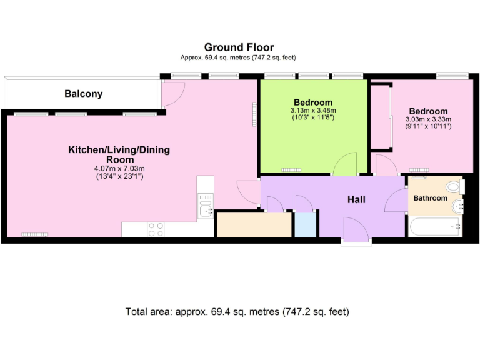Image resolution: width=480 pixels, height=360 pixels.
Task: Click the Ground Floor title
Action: pyautogui.click(x=239, y=47)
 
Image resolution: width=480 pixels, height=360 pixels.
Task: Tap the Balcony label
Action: pyautogui.click(x=83, y=94)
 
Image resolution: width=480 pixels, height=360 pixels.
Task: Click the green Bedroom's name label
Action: pyautogui.click(x=313, y=102)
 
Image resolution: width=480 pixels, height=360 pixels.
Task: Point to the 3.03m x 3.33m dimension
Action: pyautogui.click(x=428, y=119)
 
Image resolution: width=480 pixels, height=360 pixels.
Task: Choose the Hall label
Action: pyautogui.click(x=356, y=199)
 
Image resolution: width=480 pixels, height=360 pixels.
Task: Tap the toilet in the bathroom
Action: pyautogui.click(x=456, y=187)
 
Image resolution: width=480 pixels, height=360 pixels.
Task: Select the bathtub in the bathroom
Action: pyautogui.click(x=434, y=227)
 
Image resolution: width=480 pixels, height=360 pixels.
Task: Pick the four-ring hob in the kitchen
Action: pyautogui.click(x=156, y=230)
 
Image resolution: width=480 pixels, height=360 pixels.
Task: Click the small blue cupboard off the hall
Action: pyautogui.click(x=305, y=225)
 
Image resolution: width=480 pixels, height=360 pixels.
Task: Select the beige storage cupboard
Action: pyautogui.click(x=254, y=225)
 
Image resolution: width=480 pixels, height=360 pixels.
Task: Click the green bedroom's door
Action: pyautogui.click(x=344, y=166)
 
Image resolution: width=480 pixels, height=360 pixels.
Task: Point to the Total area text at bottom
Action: pyautogui.click(x=237, y=311)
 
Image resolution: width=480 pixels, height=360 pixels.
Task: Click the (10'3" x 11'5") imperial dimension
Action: pyautogui.click(x=313, y=117)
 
